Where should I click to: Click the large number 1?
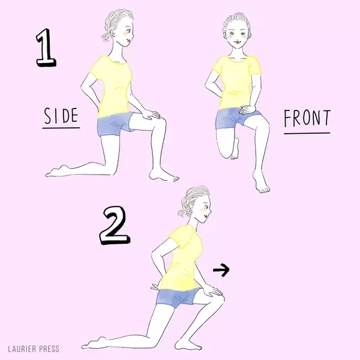coord(46,48)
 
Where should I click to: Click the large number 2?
coord(115,226)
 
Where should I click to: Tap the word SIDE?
coord(61,115)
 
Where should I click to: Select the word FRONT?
coord(307,118)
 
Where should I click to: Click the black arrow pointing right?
coord(221,269)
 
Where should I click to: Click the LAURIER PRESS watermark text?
coord(34,349)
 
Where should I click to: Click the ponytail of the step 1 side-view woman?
coord(106,37)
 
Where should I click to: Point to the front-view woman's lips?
coord(236,43)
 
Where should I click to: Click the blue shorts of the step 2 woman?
coord(177,298)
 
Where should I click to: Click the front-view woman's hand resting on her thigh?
coord(247,110)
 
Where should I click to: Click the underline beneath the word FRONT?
coord(307,133)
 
